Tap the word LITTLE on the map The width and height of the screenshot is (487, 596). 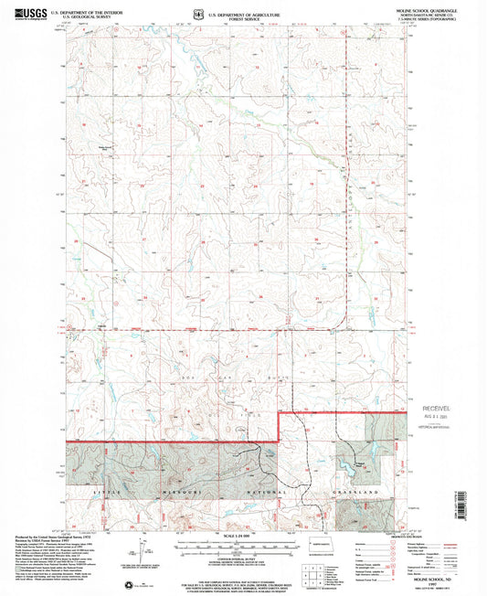point(108,492)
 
